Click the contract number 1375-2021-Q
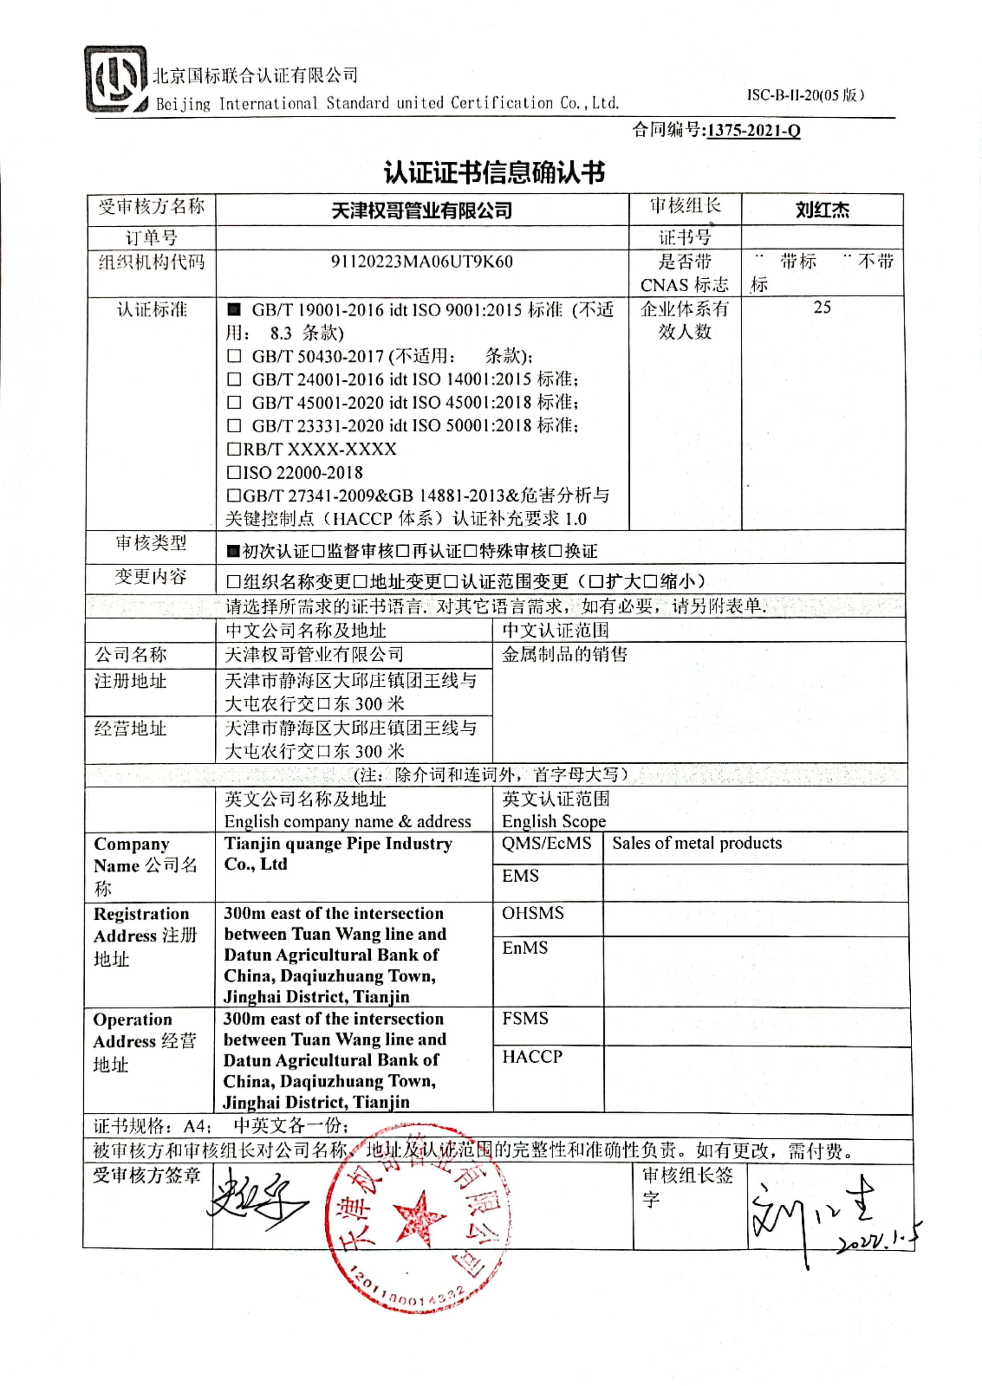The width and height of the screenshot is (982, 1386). [x=753, y=130]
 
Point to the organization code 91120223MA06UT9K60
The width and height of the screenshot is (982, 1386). [x=421, y=262]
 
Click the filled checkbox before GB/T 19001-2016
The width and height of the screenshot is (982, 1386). [x=234, y=310]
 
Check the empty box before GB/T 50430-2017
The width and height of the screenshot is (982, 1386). [x=234, y=357]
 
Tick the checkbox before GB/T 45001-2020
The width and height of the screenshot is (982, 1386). [x=234, y=403]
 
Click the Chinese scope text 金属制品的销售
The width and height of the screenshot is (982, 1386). [x=564, y=654]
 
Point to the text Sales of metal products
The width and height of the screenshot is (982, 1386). [x=696, y=843]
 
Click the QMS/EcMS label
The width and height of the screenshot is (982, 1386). [x=546, y=843]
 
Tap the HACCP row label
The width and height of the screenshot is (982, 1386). [x=532, y=1056]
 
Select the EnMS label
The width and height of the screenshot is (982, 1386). [x=525, y=947]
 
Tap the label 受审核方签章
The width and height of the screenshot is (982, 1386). [x=146, y=1176]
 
